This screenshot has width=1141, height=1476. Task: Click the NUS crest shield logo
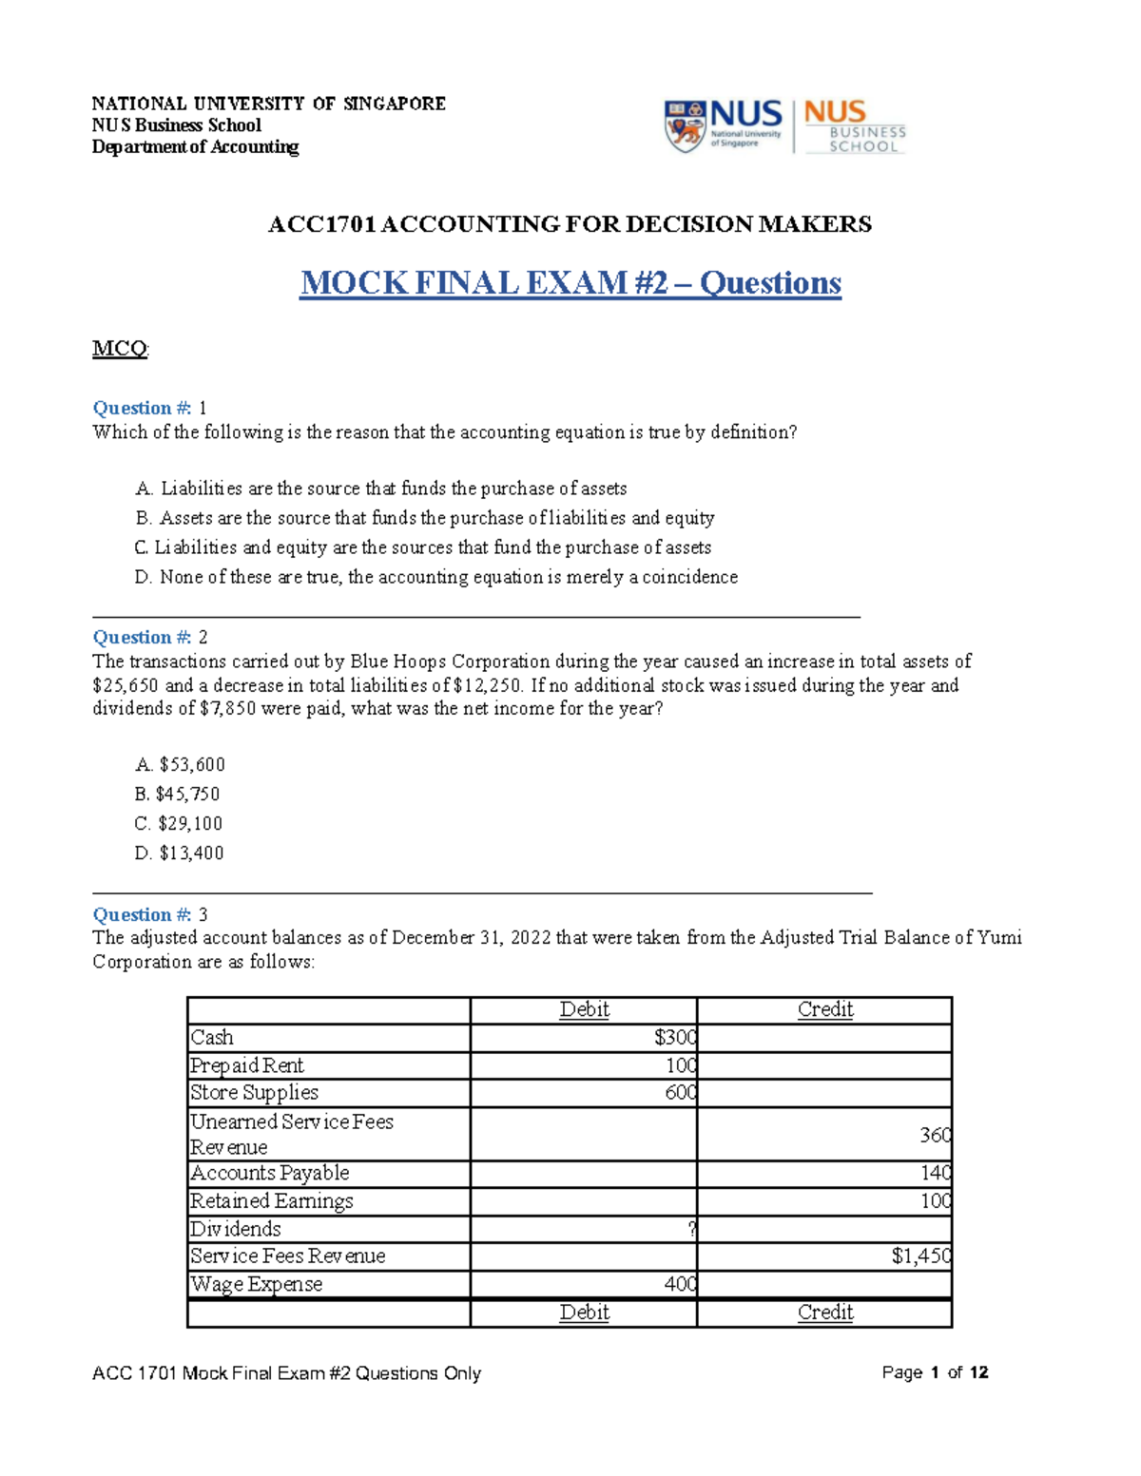point(685,125)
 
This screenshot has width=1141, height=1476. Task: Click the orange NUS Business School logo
point(854,125)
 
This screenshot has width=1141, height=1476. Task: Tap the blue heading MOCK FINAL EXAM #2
point(570,283)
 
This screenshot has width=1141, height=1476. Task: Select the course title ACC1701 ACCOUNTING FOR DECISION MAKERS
point(570,224)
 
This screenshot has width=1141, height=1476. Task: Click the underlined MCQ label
point(120,349)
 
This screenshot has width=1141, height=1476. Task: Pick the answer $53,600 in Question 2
point(181,764)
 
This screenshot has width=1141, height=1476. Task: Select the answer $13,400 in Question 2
point(180,853)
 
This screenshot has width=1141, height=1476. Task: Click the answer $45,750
point(178,794)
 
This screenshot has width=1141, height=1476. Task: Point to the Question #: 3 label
point(149,914)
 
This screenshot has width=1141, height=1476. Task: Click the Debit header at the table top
point(584,1009)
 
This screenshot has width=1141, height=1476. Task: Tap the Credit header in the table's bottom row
point(824,1313)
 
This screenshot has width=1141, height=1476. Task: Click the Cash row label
point(212,1037)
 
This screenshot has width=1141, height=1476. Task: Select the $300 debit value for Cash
point(675,1037)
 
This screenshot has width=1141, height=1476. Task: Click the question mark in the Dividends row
point(691,1229)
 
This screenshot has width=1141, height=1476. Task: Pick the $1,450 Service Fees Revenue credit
point(920,1256)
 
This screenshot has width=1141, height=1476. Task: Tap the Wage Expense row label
point(257,1284)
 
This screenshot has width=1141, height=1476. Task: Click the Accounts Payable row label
point(270,1173)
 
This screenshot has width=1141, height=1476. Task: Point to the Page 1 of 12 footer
point(935,1372)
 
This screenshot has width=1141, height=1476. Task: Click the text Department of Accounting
point(195,146)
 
